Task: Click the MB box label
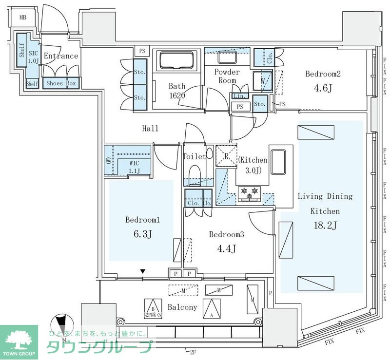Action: (x=22, y=18)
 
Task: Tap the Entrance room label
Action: (x=61, y=56)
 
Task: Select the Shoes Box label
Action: (x=61, y=83)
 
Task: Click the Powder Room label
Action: (x=227, y=76)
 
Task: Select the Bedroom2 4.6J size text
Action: (x=323, y=89)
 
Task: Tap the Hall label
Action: (x=150, y=129)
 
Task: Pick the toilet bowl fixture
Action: (x=195, y=174)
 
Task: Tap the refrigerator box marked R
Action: (x=226, y=156)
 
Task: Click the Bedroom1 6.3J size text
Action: (x=143, y=234)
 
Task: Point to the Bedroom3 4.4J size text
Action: (x=226, y=249)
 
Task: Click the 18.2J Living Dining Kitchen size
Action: (x=325, y=225)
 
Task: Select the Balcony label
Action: (x=182, y=307)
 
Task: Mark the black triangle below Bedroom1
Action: (x=143, y=271)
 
